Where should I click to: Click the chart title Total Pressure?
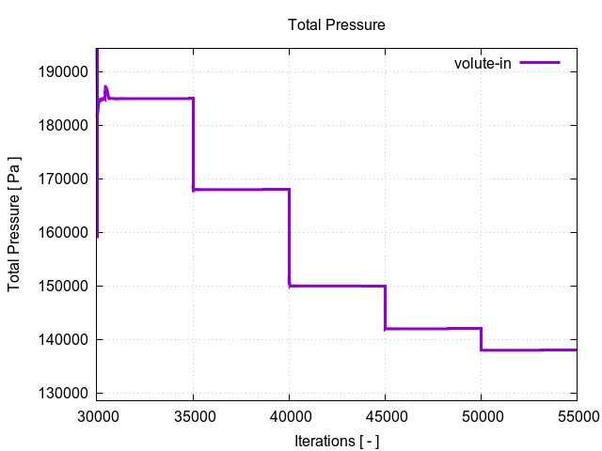pos(336,24)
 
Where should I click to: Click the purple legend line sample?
pos(540,63)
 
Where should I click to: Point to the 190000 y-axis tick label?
pos(61,71)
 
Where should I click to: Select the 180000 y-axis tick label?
pos(61,125)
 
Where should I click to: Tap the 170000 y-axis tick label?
pos(61,179)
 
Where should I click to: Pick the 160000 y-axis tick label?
pos(61,232)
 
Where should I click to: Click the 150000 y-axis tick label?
pos(61,286)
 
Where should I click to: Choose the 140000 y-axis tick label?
pos(61,339)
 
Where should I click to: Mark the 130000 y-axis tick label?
pos(61,393)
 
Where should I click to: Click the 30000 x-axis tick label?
pos(97,414)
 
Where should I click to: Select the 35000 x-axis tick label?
pos(193,414)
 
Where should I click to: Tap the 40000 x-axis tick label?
pos(289,414)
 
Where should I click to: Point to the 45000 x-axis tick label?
pos(385,414)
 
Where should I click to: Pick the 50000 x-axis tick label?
pos(481,414)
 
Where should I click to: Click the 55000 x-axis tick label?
pos(576,414)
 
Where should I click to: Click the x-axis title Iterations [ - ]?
pos(336,439)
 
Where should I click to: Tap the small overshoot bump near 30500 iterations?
pos(106,89)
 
